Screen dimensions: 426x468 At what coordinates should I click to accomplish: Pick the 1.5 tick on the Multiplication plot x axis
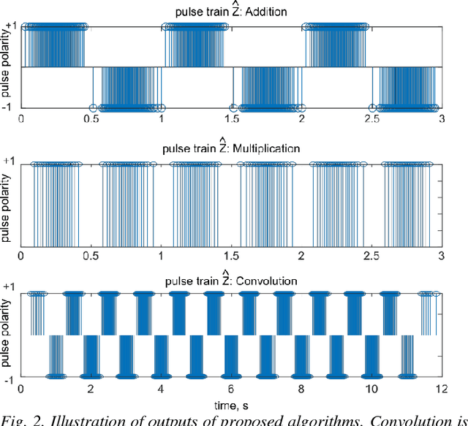232,256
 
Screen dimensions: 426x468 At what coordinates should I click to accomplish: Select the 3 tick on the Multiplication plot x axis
440,256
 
